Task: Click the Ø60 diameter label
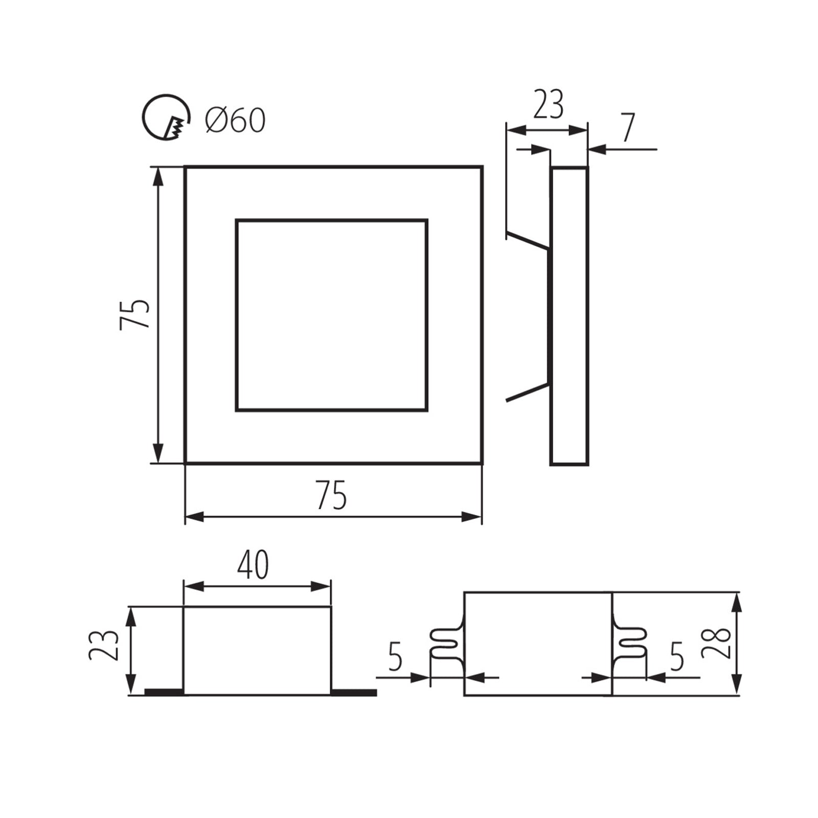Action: tap(235, 121)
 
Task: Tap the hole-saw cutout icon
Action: tap(165, 118)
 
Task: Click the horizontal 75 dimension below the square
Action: tap(331, 494)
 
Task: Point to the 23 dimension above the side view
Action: tap(548, 105)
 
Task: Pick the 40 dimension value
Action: tap(253, 565)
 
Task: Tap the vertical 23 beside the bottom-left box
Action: tap(104, 645)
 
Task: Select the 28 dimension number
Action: tap(716, 642)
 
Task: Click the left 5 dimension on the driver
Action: tap(395, 656)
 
